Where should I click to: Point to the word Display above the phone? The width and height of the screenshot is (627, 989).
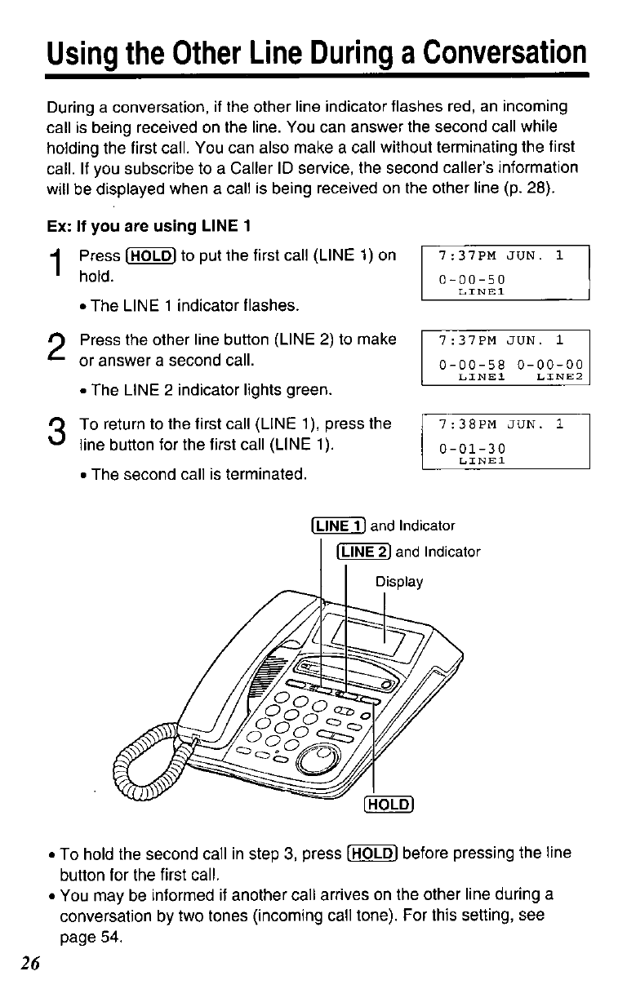tap(399, 582)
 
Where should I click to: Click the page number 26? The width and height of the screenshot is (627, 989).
tap(30, 963)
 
